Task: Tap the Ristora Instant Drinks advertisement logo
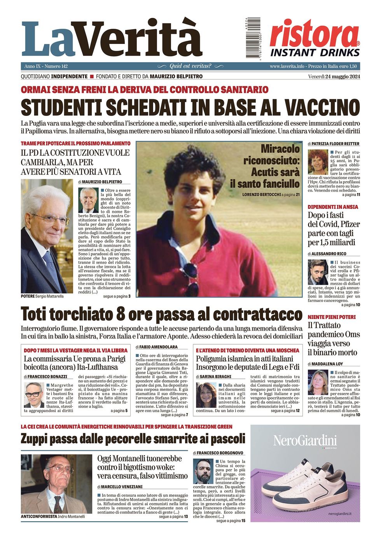click(315, 38)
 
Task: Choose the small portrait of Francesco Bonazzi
click(34, 394)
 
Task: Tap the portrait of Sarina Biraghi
click(206, 395)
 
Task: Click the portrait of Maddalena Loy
click(318, 382)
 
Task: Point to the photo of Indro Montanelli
click(56, 483)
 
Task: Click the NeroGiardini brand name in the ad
click(305, 441)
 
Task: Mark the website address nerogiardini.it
click(339, 514)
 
